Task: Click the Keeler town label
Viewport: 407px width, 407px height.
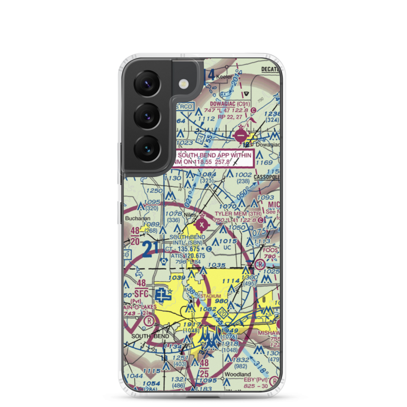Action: coord(224,77)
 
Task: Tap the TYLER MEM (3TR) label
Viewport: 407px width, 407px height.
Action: coord(238,213)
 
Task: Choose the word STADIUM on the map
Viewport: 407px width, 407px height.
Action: coord(210,296)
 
